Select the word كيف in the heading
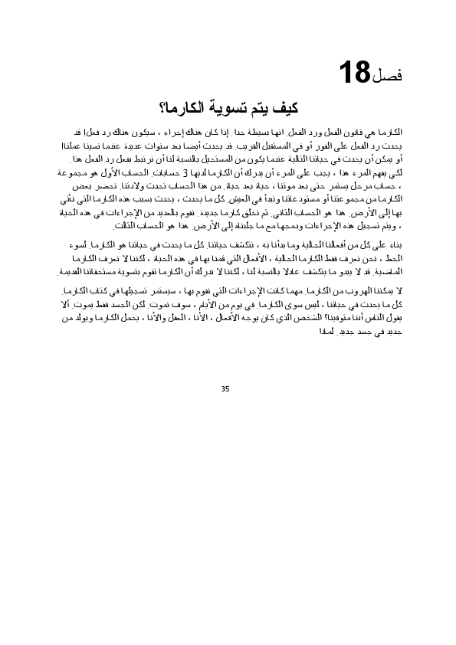[286, 106]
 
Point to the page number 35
[225, 389]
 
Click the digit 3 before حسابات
[196, 172]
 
